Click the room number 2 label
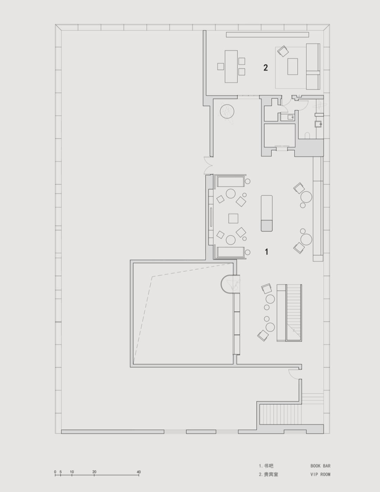pos(266,68)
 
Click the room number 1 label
pos(267,251)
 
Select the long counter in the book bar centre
pos(267,213)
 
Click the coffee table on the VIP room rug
pos(293,66)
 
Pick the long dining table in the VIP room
pos(231,66)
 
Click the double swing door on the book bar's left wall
pos(208,165)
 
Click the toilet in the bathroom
pos(307,135)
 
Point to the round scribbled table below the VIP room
pos(227,111)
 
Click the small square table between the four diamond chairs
pos(233,218)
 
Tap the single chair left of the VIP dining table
pos(221,66)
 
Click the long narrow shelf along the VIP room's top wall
pos(267,35)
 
